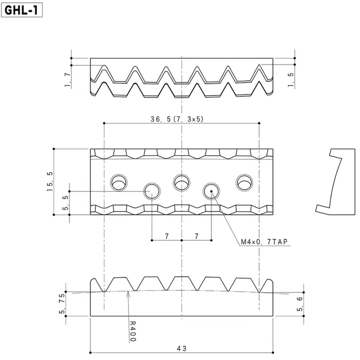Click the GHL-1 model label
[x=22, y=10]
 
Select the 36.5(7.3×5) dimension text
[x=177, y=119]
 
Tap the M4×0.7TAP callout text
[x=264, y=242]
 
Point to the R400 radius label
[x=132, y=331]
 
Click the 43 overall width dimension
[x=182, y=348]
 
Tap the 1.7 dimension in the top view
[x=68, y=80]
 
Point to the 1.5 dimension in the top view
[x=291, y=80]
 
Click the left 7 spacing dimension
[x=167, y=236]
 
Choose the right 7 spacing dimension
[x=197, y=236]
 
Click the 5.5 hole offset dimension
[x=66, y=203]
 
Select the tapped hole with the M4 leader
[x=211, y=191]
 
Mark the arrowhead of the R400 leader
[x=128, y=292]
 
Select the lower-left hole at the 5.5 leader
[x=152, y=191]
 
